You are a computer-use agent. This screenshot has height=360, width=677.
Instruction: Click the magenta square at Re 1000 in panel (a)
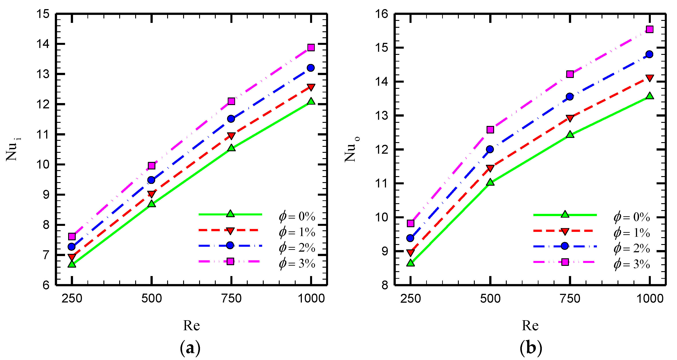tap(311, 47)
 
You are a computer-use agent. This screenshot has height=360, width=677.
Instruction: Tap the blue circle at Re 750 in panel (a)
tap(231, 119)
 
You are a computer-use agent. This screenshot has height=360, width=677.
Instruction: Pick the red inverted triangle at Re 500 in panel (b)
tap(490, 168)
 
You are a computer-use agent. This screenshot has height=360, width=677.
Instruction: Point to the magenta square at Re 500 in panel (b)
tap(490, 130)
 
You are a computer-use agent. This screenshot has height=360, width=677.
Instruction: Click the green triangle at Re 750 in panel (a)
tap(232, 148)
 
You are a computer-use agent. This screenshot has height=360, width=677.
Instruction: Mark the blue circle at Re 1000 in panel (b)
tap(650, 54)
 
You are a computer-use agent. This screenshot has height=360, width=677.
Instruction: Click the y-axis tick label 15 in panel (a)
tap(43, 14)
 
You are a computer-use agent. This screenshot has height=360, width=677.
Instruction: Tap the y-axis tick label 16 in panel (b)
tap(382, 14)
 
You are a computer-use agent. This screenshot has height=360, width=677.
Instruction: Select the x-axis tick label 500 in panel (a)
tap(152, 298)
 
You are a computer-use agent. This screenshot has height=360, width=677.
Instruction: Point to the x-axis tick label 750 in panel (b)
tap(570, 298)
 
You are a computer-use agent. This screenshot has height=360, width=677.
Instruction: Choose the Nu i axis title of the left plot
tap(13, 150)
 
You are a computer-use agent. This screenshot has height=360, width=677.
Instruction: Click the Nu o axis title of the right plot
tap(352, 150)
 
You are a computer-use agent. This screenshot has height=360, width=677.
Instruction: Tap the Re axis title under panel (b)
tap(530, 326)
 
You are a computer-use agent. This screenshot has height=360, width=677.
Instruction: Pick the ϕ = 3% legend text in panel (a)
tap(297, 263)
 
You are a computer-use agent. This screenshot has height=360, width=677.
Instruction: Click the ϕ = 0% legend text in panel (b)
tap(632, 217)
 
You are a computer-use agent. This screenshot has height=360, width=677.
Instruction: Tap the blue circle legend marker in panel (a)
tap(230, 245)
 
